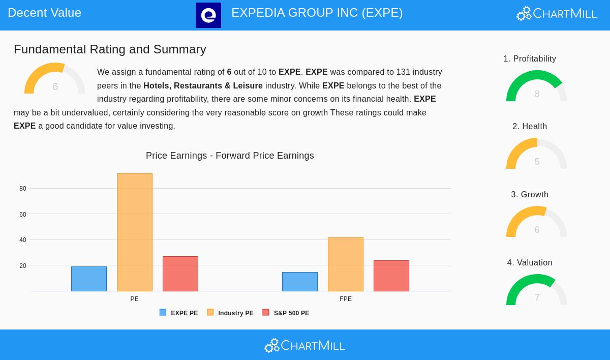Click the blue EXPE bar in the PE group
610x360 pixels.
(x=89, y=279)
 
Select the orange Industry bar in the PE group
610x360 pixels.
(x=135, y=232)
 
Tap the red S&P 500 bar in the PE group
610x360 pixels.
(x=180, y=274)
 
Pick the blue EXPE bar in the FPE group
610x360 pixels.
(x=300, y=282)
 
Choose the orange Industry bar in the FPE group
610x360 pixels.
(x=346, y=264)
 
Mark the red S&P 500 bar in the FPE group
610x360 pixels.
(x=391, y=276)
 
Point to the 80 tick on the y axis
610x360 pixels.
(x=23, y=189)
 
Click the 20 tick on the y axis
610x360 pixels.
(x=23, y=266)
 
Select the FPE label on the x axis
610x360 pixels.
(x=346, y=299)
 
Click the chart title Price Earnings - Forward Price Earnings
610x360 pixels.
(x=230, y=156)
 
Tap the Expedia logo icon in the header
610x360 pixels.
(x=208, y=15)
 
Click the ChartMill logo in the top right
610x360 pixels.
(x=557, y=14)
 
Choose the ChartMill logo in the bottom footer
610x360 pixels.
(x=304, y=345)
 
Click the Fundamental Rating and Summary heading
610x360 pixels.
(x=110, y=49)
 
